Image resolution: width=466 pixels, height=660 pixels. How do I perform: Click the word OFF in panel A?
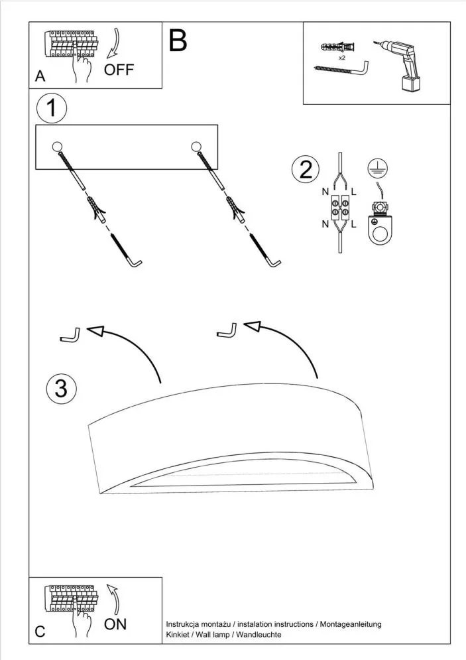119,70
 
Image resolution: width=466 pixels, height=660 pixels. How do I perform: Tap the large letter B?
178,41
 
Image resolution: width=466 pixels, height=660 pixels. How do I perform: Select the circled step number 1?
52,108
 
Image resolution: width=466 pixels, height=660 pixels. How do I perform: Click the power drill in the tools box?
403,64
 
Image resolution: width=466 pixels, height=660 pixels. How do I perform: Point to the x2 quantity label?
342,58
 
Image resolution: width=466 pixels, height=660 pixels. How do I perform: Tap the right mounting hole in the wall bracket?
196,147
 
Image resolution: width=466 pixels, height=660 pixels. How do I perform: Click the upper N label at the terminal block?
325,192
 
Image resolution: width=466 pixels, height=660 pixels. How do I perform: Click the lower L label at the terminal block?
354,224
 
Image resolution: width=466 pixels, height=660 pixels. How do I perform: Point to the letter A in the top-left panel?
40,77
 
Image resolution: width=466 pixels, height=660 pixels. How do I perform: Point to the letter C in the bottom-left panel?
40,631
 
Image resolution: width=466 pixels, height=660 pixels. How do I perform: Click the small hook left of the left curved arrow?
70,336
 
